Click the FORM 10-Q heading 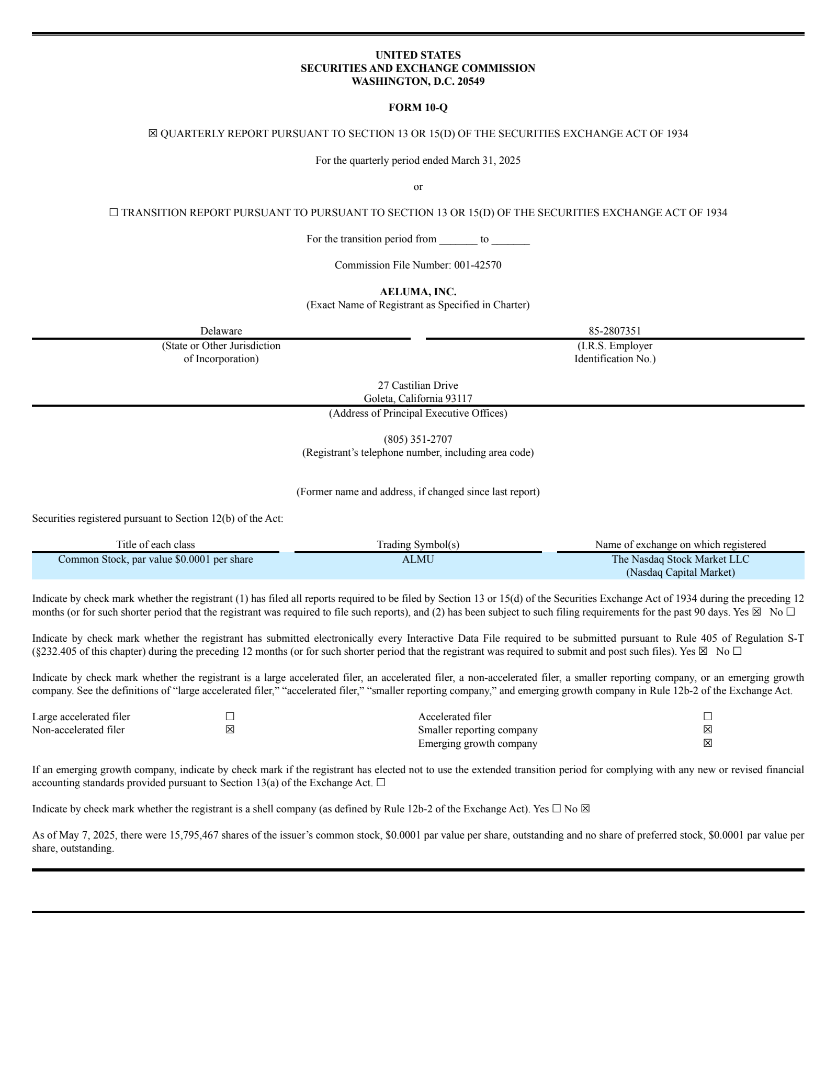pos(417,107)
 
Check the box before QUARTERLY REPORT pos(153,133)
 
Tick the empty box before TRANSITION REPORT pos(114,213)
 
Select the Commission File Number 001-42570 pos(477,265)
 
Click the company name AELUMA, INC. pos(417,292)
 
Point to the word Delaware pos(221,331)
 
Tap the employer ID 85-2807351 pos(615,331)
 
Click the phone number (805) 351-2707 pos(417,439)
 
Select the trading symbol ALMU pos(417,559)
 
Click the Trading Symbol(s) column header pos(417,544)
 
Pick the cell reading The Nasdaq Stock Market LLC pos(680,559)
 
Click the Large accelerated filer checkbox pos(230,717)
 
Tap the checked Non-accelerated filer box pos(230,730)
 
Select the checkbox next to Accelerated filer pos(707,717)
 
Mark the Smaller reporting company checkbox pos(707,730)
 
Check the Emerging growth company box pos(707,743)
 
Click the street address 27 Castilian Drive pos(417,385)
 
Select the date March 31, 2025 pos(485,160)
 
